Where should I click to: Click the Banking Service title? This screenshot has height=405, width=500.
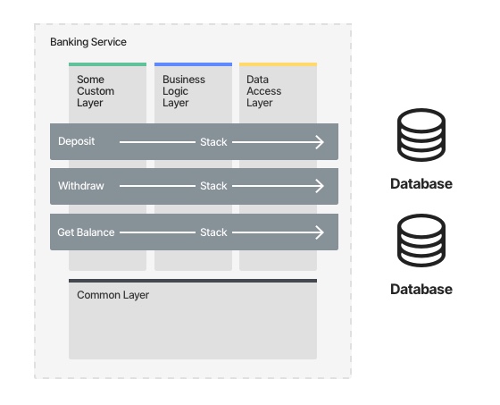tap(88, 42)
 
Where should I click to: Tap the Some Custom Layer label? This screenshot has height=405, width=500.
tap(96, 91)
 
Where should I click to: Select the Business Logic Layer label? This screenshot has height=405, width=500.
tap(184, 91)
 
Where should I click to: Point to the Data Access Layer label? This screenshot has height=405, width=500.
tap(263, 91)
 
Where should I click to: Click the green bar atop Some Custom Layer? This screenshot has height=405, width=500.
tap(107, 64)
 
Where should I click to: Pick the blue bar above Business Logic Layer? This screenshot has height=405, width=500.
tap(193, 64)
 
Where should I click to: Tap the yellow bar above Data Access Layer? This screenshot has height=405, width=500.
tap(278, 64)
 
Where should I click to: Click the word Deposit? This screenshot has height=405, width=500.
tap(77, 141)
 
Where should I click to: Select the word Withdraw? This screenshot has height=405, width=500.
tap(81, 186)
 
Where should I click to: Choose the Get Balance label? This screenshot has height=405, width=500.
tap(86, 232)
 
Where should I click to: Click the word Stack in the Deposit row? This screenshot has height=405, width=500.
tap(213, 142)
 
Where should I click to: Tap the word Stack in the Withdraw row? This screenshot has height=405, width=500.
tap(213, 186)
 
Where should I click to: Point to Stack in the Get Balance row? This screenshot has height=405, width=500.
tap(213, 232)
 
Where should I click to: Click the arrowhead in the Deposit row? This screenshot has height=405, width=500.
tap(320, 142)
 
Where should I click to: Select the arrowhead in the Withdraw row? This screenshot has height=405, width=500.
tap(320, 186)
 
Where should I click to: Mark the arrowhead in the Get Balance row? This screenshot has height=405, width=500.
tap(320, 232)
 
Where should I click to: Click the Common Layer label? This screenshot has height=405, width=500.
tap(112, 295)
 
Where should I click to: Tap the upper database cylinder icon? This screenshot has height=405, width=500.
tap(421, 135)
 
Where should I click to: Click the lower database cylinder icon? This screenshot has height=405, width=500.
tap(421, 240)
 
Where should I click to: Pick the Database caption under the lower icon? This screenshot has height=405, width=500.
tap(421, 289)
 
